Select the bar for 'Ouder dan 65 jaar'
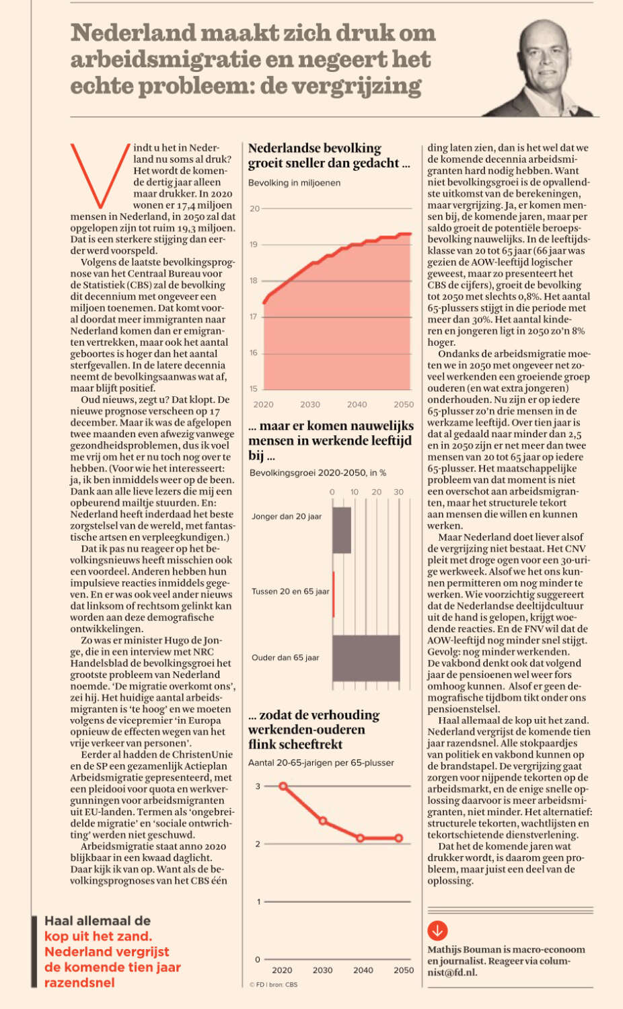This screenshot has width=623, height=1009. point(366,658)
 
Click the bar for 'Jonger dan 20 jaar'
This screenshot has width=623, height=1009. point(342,530)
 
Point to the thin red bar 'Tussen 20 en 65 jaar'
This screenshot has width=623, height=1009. point(333,594)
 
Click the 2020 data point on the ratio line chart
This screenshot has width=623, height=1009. point(283,786)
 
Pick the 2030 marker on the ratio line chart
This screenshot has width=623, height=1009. point(323,821)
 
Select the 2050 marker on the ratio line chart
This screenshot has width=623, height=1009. point(399,838)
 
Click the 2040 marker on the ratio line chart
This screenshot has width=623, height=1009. point(360,838)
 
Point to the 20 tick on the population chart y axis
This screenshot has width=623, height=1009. point(255,209)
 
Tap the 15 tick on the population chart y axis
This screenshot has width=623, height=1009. point(254,389)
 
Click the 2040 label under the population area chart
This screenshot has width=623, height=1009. point(357,404)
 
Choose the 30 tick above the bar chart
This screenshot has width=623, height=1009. point(399,492)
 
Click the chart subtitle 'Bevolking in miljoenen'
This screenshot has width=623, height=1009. point(294,183)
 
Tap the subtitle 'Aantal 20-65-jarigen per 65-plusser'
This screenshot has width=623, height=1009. point(321,763)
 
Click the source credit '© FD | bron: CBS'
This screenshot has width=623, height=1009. point(273,985)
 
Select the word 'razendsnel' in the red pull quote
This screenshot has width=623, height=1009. point(80,982)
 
